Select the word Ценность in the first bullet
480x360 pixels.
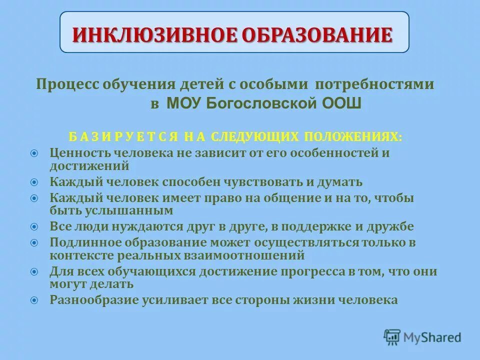click(x=80, y=153)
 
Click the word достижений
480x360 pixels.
click(x=90, y=165)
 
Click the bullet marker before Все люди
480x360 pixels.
click(x=34, y=226)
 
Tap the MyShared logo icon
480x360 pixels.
click(x=392, y=336)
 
